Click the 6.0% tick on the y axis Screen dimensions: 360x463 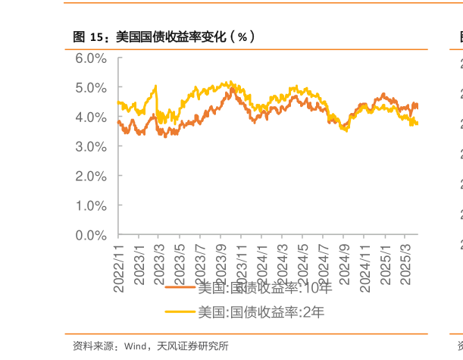click(x=91, y=58)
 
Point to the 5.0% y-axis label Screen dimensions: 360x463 click(x=91, y=88)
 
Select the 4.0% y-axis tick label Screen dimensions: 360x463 click(x=91, y=117)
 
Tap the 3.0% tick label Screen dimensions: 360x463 click(x=91, y=146)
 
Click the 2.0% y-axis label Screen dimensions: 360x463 click(x=91, y=176)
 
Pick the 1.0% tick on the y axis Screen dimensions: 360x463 click(x=91, y=205)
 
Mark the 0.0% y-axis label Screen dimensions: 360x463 click(x=91, y=235)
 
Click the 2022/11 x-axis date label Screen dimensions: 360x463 click(x=118, y=261)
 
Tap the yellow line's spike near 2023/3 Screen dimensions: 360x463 click(x=155, y=87)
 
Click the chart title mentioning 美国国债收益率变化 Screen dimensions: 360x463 click(x=163, y=36)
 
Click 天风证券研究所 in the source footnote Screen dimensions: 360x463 click(x=192, y=346)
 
